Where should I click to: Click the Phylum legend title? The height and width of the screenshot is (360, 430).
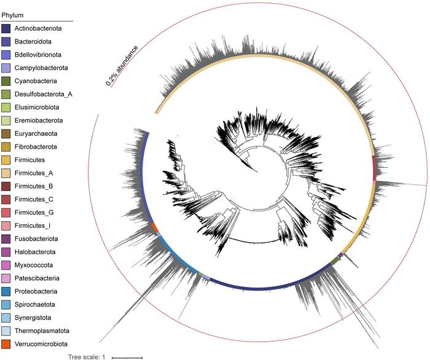[x=14, y=14]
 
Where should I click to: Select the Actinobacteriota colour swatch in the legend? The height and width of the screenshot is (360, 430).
[x=6, y=28]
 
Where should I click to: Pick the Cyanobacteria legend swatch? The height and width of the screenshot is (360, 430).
[x=6, y=81]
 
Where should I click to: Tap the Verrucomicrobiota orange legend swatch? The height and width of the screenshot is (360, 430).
[x=6, y=343]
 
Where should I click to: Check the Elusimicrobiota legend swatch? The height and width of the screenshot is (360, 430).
[x=6, y=107]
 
